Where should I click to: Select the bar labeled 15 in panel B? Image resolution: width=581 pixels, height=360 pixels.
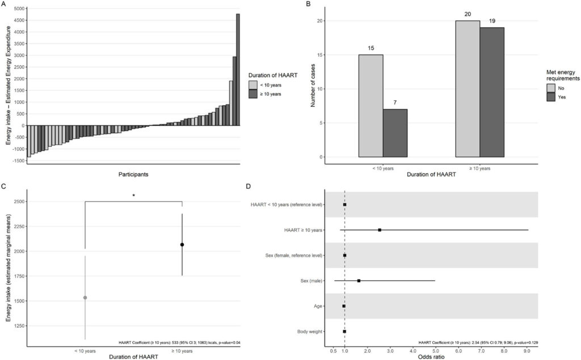point(371,106)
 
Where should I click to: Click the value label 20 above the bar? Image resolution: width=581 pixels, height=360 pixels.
point(468,14)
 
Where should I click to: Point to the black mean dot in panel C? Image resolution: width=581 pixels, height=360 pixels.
point(182,245)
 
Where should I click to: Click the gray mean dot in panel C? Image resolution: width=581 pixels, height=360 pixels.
point(85,298)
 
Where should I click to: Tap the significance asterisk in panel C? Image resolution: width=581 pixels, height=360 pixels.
point(133,196)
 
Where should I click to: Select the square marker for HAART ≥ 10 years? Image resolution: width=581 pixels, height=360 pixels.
point(380,230)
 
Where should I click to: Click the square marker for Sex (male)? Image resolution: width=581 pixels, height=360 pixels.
point(359,281)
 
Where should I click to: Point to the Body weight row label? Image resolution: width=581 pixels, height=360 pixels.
point(310,332)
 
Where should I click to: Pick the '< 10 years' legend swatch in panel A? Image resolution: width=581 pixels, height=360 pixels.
point(253,84)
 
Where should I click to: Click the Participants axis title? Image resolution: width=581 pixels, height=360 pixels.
point(134,174)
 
